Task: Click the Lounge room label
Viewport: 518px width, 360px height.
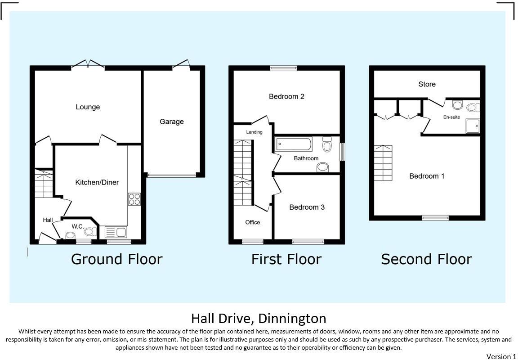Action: click(88, 107)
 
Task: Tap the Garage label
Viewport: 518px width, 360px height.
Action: click(171, 121)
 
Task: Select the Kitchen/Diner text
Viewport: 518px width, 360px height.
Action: click(97, 182)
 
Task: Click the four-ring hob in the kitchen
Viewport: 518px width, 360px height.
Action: click(134, 199)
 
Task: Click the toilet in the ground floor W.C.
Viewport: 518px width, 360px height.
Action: click(71, 235)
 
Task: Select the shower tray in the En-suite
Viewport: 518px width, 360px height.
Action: click(473, 126)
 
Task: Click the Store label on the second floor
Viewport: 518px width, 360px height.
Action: click(427, 84)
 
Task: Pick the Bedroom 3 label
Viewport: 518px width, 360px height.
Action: click(307, 207)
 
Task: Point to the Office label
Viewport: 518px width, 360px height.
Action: click(253, 222)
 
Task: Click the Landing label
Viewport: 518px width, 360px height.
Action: click(254, 132)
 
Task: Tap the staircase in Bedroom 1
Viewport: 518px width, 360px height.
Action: click(383, 163)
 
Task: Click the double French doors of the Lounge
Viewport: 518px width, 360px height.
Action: click(88, 65)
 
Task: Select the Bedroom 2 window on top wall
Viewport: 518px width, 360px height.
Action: click(283, 68)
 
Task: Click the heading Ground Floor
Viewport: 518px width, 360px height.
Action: click(116, 259)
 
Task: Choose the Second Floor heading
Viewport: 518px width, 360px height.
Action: click(426, 259)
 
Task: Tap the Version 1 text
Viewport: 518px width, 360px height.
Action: click(501, 356)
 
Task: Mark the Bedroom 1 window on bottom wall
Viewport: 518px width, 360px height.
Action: click(435, 218)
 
